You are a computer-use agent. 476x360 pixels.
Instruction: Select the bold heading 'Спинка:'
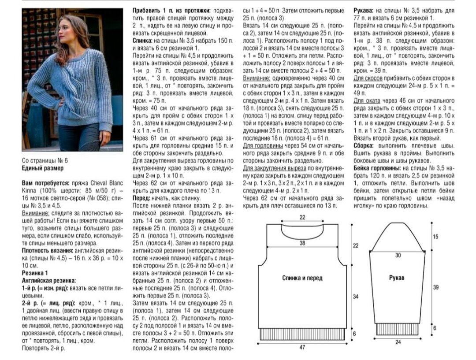[144, 40]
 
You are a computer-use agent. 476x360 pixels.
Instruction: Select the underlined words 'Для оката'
[364, 100]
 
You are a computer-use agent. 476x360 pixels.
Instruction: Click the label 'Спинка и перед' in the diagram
[302, 278]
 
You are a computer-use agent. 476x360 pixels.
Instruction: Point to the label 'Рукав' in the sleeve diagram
[397, 278]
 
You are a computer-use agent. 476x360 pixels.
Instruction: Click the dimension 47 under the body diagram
[302, 348]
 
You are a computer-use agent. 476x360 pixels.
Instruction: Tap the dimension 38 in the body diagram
[302, 243]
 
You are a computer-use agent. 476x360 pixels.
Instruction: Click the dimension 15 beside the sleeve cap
[436, 237]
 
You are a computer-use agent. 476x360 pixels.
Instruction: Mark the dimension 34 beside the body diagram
[356, 297]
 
